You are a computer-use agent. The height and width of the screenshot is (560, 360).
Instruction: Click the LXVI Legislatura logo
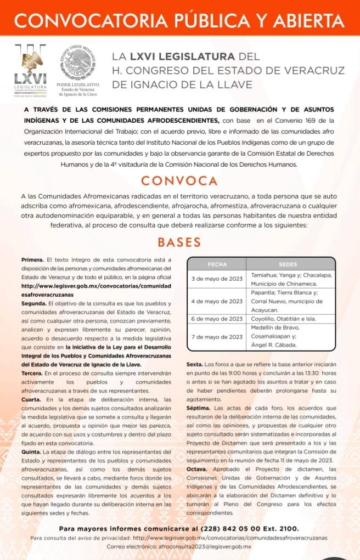click(x=31, y=70)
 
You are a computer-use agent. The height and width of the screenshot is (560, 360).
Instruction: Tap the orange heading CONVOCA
click(x=179, y=180)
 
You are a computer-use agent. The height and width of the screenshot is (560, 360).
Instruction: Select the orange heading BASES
click(x=179, y=242)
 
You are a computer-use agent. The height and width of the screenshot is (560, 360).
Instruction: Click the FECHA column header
click(x=217, y=264)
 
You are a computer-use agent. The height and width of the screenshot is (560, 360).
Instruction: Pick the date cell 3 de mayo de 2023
click(x=217, y=279)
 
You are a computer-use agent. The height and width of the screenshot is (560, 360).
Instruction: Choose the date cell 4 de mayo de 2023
click(x=217, y=301)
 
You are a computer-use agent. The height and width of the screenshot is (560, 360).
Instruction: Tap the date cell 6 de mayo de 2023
click(x=217, y=319)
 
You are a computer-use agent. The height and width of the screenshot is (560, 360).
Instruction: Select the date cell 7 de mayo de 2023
click(x=217, y=336)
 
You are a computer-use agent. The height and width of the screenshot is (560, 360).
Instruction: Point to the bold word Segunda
click(x=33, y=303)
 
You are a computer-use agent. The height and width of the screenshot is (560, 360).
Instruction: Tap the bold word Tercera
click(x=33, y=372)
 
